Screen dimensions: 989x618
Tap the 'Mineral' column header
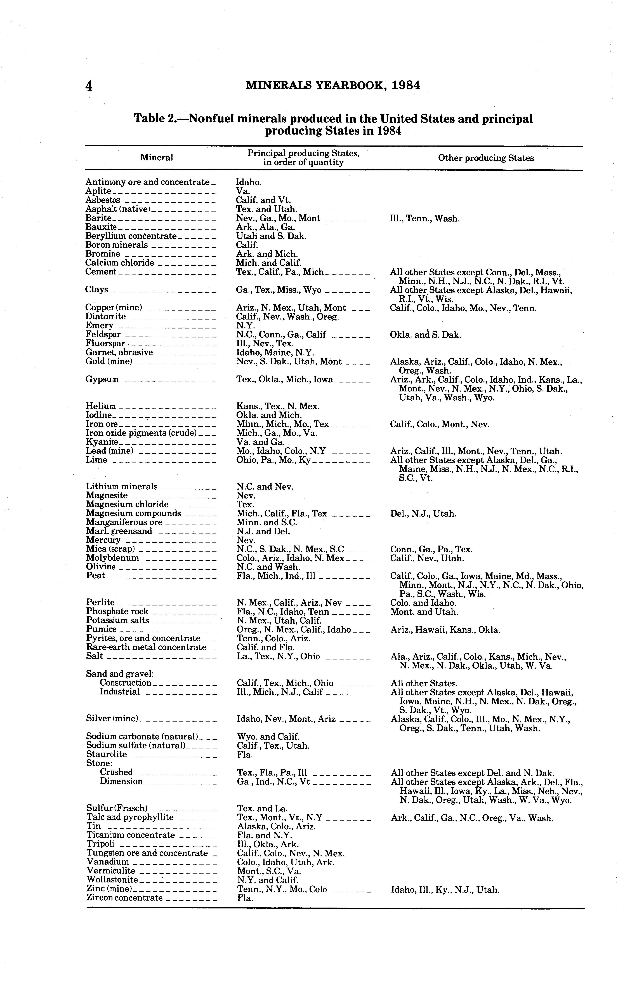coord(157,157)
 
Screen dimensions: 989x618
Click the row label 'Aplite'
coord(98,191)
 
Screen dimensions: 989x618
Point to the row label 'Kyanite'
coord(102,442)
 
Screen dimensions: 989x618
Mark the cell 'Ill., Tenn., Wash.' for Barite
coord(425,218)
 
